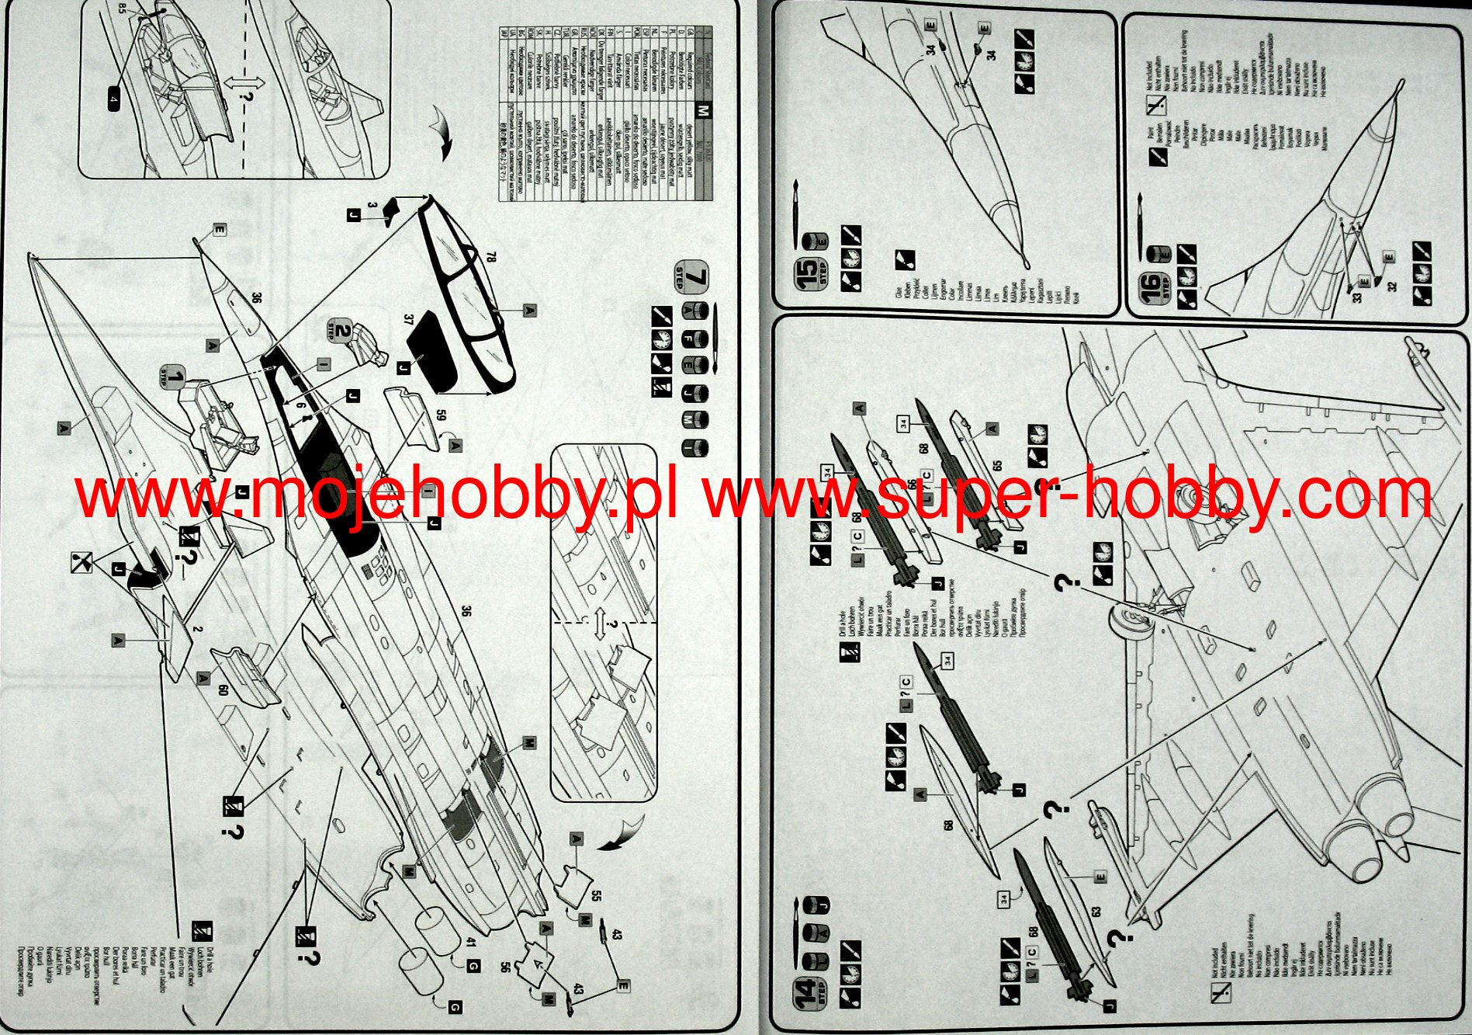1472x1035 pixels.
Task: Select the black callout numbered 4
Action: point(113,100)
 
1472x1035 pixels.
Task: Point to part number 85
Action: point(122,9)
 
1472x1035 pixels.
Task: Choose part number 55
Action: point(595,894)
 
